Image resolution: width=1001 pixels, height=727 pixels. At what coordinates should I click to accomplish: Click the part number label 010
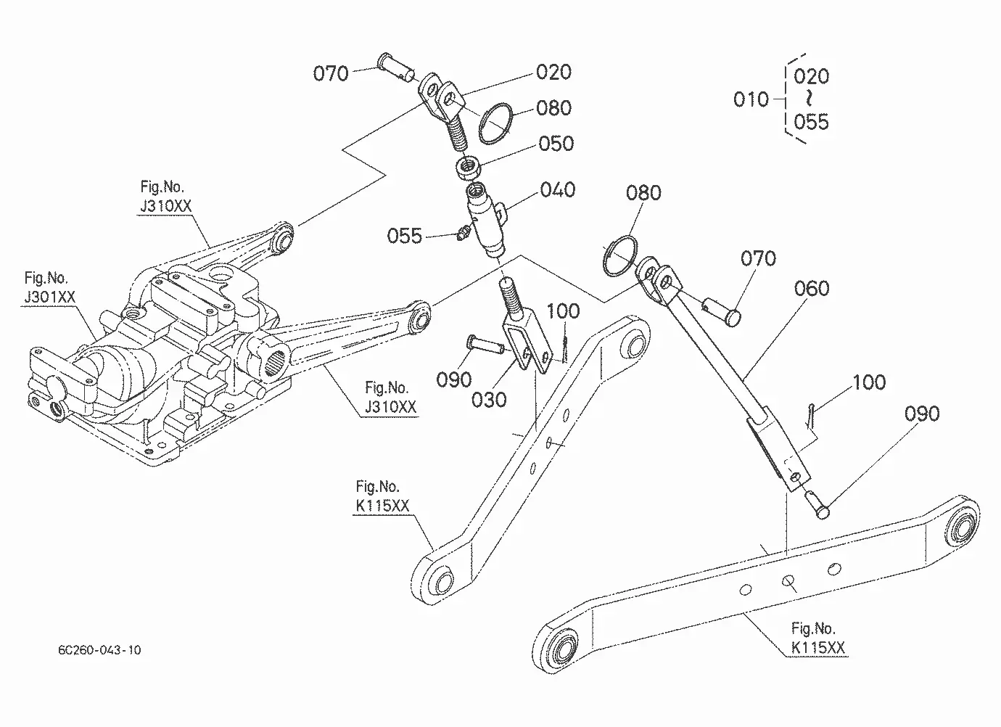pyautogui.click(x=751, y=99)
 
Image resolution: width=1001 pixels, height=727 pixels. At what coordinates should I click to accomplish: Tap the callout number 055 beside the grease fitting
pyautogui.click(x=405, y=236)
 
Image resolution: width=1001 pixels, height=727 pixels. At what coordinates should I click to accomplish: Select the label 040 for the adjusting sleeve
pyautogui.click(x=558, y=190)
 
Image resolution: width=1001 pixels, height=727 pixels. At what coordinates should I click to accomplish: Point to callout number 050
pyautogui.click(x=556, y=144)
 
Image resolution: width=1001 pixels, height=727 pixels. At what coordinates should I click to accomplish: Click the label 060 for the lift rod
pyautogui.click(x=812, y=288)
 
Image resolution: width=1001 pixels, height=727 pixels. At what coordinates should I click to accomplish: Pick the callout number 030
pyautogui.click(x=489, y=400)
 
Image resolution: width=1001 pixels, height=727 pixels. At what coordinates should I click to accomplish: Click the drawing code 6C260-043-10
pyautogui.click(x=99, y=650)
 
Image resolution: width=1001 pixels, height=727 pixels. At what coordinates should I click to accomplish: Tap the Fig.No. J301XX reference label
pyautogui.click(x=49, y=287)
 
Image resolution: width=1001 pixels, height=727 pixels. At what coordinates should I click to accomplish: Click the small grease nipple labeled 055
pyautogui.click(x=463, y=233)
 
